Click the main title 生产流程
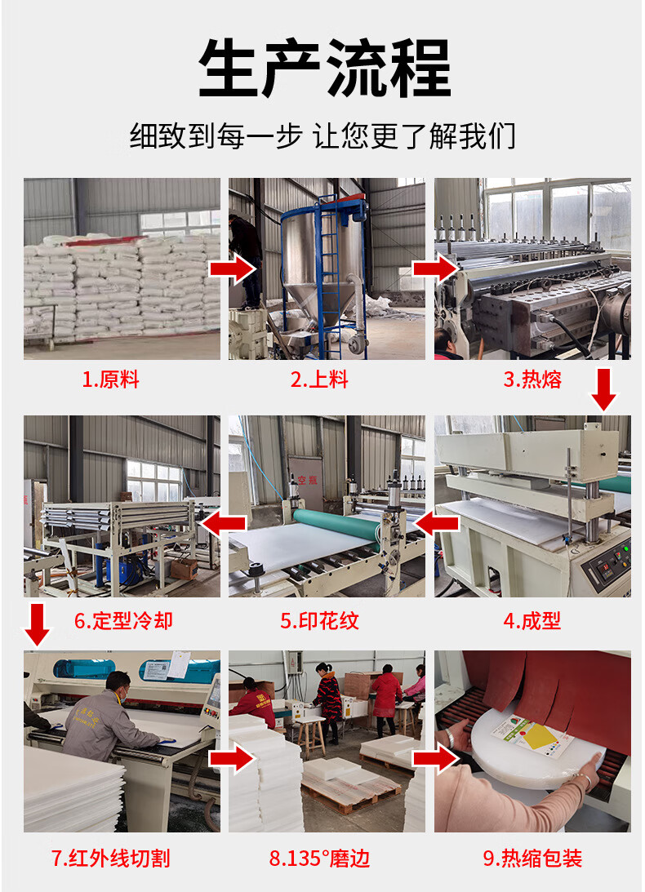pos(324,69)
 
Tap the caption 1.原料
pos(110,379)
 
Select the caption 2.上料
pos(318,379)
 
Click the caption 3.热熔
pos(532,379)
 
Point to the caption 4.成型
pos(532,620)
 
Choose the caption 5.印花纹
pos(319,620)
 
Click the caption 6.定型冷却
pos(123,620)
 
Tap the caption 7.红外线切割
pos(111,859)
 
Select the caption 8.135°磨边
pos(319,859)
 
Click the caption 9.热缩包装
pos(533,859)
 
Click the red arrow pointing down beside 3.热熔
pos(603,389)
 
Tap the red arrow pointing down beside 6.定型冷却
pos(38,624)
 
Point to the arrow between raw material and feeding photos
pos(233,269)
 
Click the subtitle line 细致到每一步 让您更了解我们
pos(322,136)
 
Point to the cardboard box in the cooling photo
pos(184,567)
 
